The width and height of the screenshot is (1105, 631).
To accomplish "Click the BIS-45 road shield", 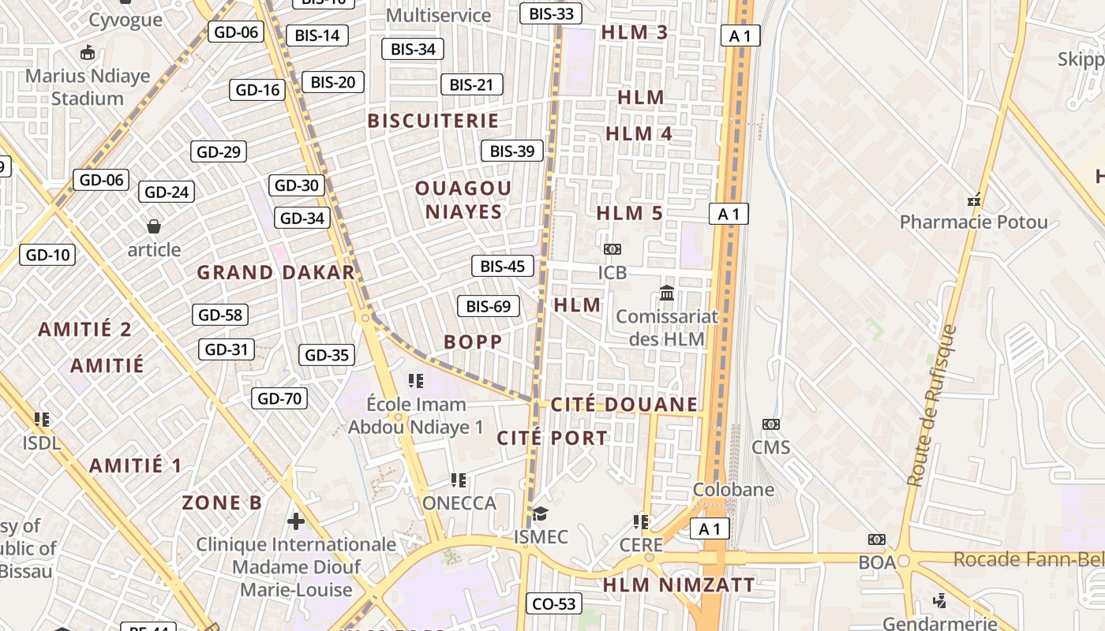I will [x=502, y=266].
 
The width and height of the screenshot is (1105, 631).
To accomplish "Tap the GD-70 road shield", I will [x=279, y=398].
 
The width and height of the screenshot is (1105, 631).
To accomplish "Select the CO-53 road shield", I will [x=554, y=604].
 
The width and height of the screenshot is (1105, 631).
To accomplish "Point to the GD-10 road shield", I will [x=47, y=255].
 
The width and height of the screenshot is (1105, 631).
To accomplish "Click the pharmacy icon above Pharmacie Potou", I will [x=974, y=199].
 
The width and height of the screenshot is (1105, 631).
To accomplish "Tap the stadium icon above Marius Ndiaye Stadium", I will [x=87, y=53].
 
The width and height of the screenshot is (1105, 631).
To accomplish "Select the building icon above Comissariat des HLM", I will [x=667, y=293].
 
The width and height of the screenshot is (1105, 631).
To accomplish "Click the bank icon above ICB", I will [x=612, y=249].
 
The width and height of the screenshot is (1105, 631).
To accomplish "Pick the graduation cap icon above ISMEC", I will [x=540, y=514].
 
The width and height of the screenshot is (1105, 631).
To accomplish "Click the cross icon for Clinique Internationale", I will [x=296, y=521].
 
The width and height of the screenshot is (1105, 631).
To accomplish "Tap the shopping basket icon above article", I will [x=154, y=226].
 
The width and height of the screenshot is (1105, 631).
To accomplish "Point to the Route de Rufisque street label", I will [x=931, y=405].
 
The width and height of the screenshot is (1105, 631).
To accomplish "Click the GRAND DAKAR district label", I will [x=275, y=273].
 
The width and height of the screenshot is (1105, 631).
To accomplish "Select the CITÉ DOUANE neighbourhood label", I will [x=624, y=405].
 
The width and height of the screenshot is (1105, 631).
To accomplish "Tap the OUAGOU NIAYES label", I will [x=463, y=200].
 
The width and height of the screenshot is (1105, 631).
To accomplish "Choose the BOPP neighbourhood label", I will [x=473, y=342].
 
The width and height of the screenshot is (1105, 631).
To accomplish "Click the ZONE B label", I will [x=222, y=502].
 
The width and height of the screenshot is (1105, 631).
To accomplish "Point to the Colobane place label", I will [x=733, y=490].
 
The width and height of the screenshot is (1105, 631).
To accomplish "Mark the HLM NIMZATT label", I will [x=679, y=585].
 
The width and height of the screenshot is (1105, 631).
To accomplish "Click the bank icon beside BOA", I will [x=876, y=540].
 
